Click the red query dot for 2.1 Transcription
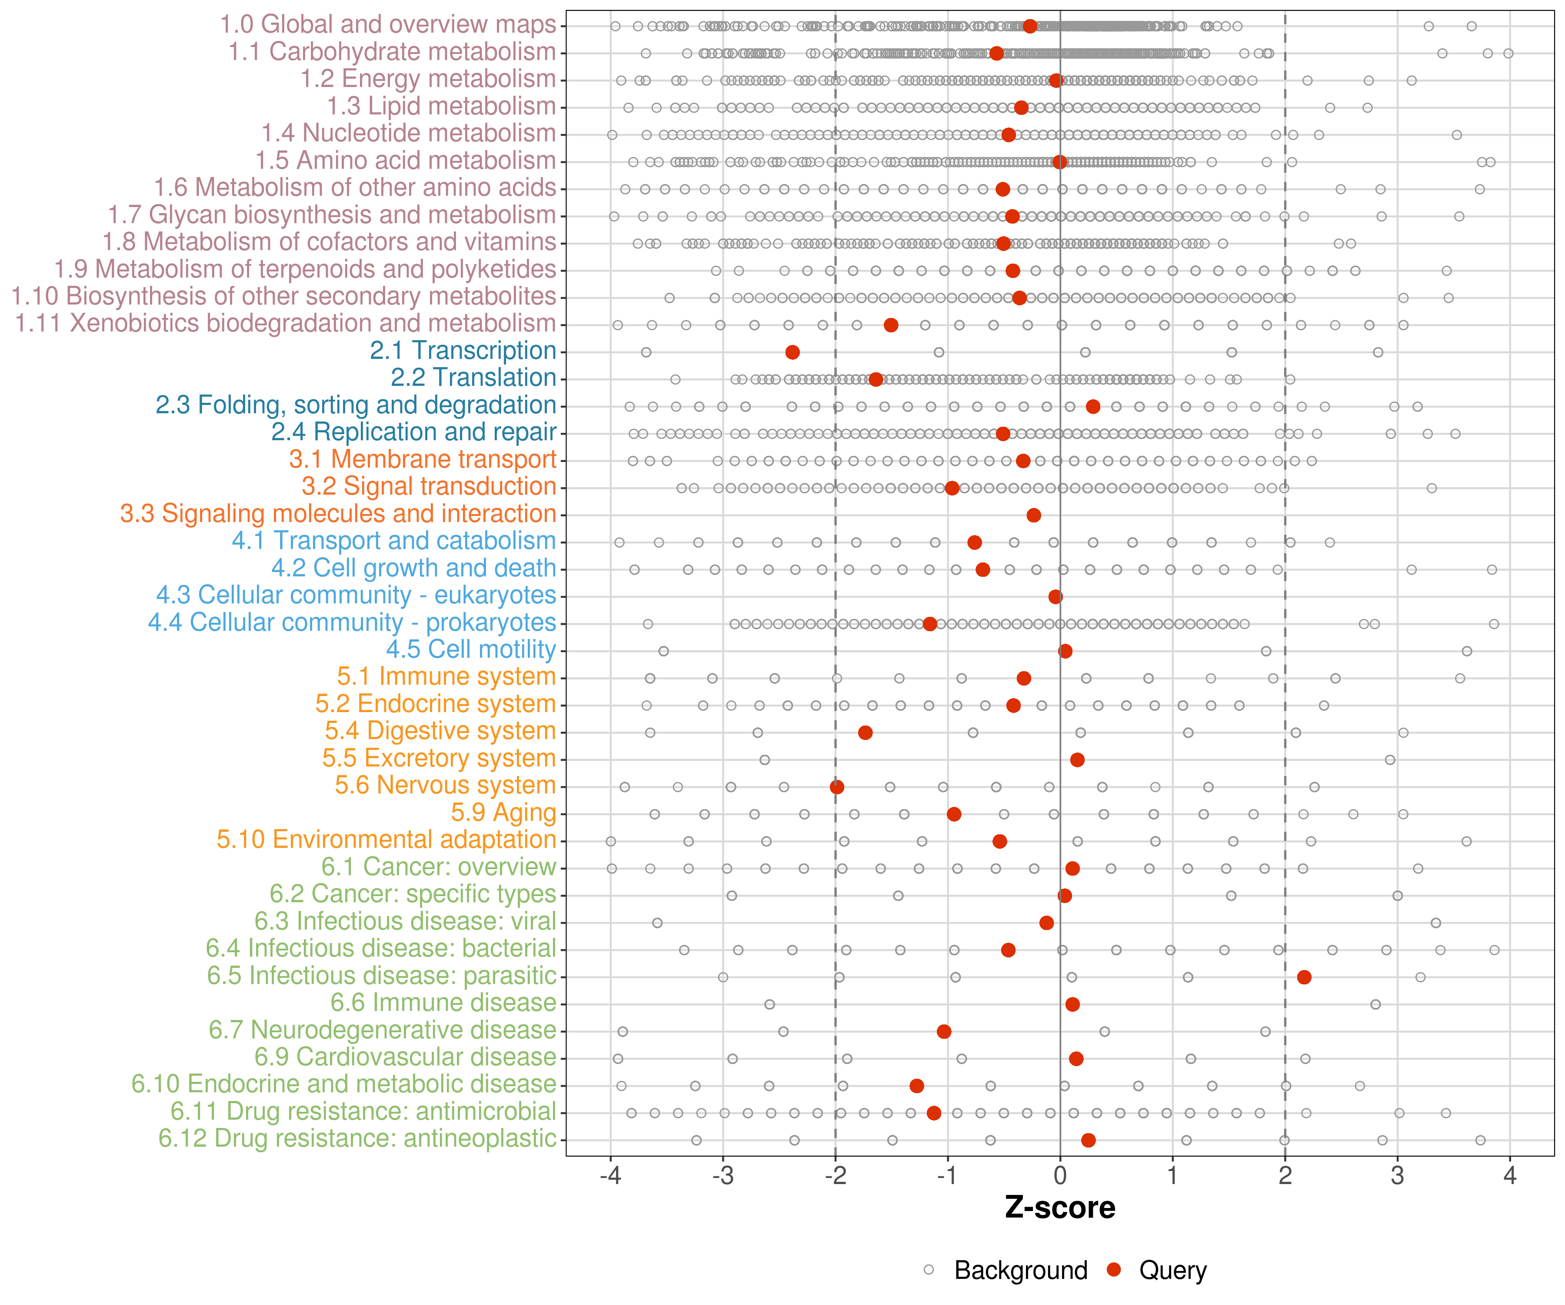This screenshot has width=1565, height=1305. (x=792, y=352)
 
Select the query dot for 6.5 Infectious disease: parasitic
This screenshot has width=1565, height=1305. (x=1303, y=977)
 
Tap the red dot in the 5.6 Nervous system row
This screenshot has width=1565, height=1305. (x=837, y=787)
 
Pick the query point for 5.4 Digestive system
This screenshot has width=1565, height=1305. (x=865, y=732)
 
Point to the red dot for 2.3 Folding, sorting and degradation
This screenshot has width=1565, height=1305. (x=1092, y=406)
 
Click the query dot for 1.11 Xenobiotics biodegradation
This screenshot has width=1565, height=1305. (x=891, y=325)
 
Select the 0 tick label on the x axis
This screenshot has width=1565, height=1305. (x=1060, y=1176)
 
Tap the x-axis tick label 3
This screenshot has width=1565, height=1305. (x=1397, y=1176)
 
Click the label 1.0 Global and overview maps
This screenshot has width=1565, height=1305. (x=387, y=25)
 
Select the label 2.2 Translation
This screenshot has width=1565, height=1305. (x=473, y=377)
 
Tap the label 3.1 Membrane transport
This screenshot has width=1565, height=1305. (x=423, y=459)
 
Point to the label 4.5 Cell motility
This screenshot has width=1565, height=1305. (x=471, y=649)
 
